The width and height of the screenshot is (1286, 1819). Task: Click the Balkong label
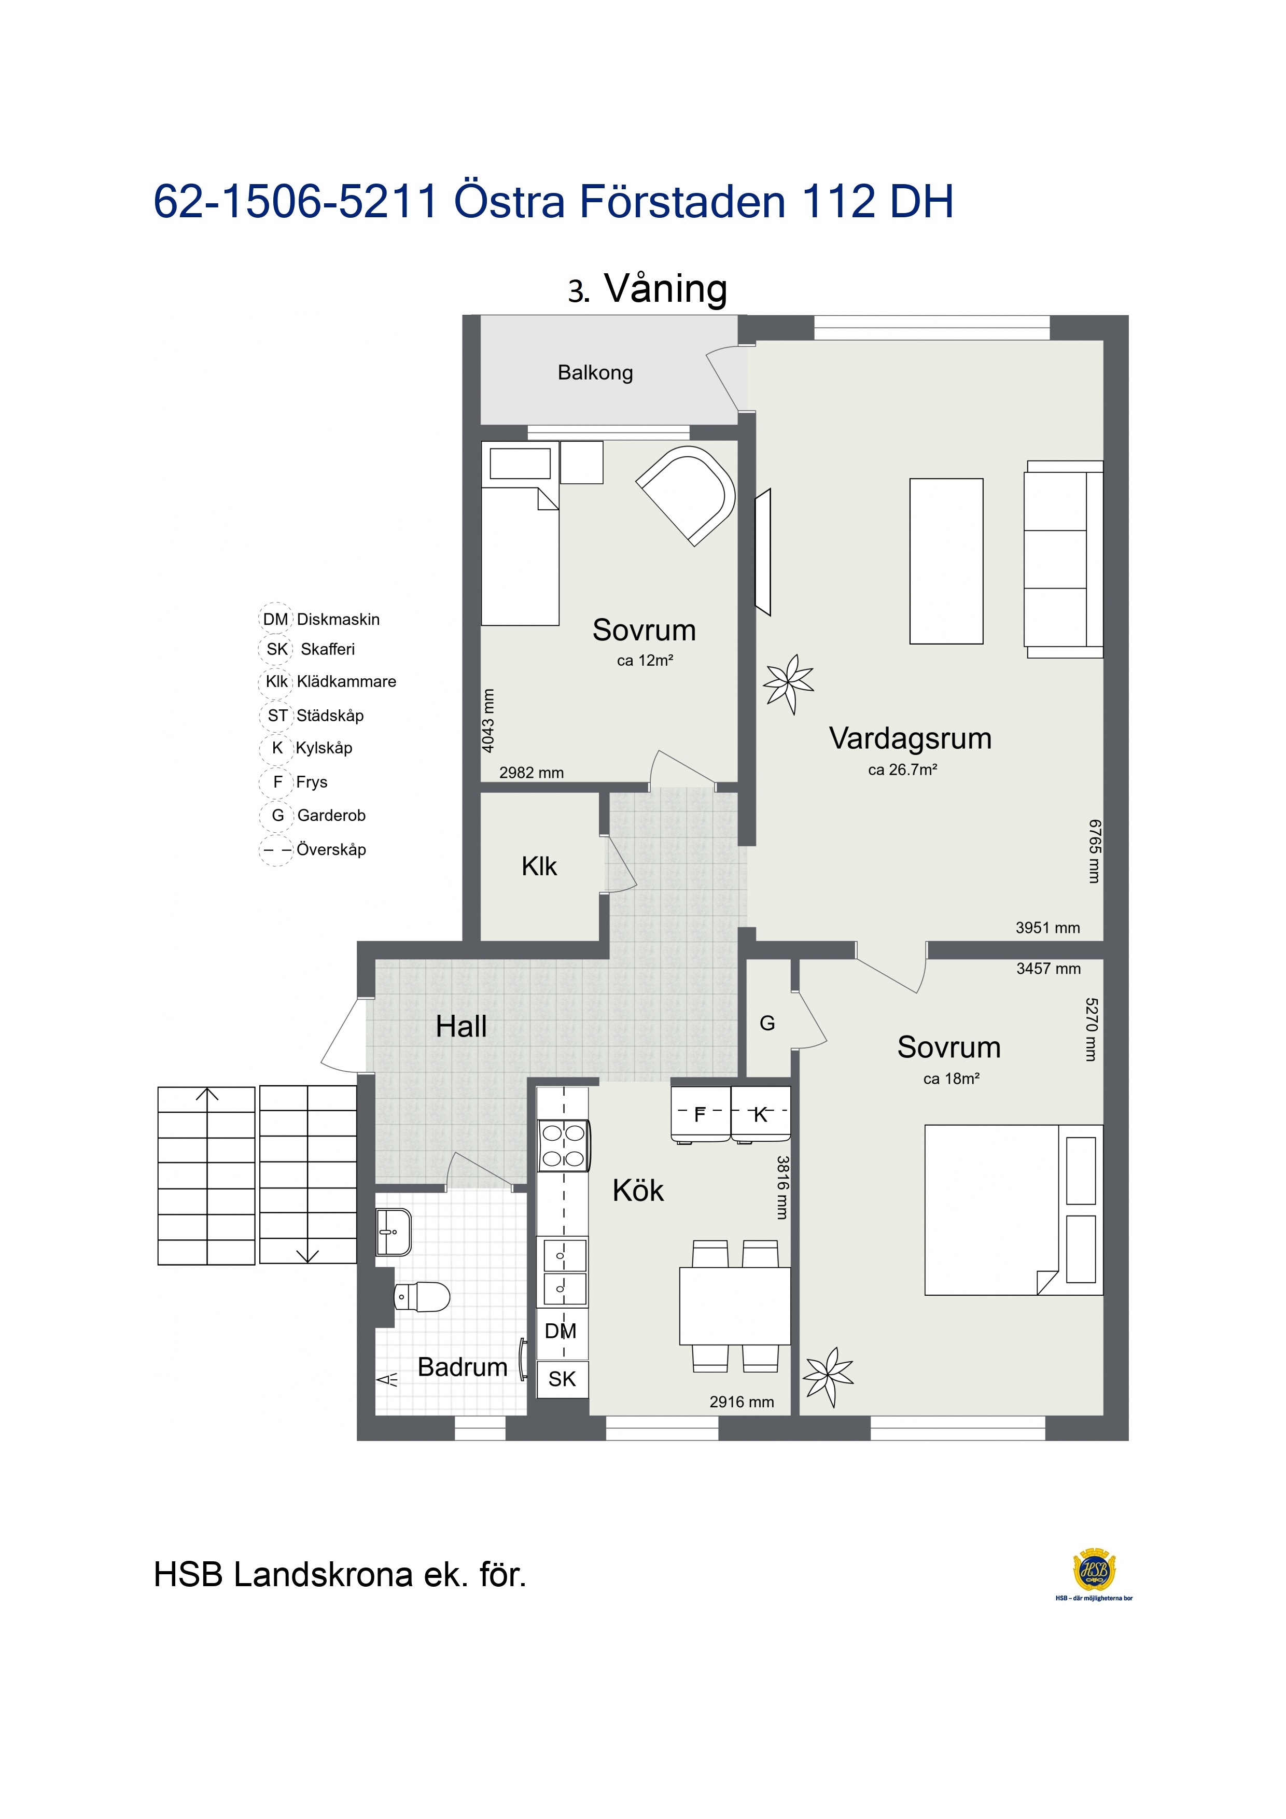tap(595, 373)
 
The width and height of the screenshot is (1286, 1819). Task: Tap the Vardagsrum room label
tap(911, 738)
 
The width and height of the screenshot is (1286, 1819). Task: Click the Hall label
tap(461, 1027)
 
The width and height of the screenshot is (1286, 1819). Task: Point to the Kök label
tap(638, 1191)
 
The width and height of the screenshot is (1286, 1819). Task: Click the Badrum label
tap(462, 1367)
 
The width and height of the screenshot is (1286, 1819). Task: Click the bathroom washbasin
tap(394, 1232)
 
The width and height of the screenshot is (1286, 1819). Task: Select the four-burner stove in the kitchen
tap(563, 1145)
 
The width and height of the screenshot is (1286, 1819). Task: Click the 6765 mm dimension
tap(1094, 851)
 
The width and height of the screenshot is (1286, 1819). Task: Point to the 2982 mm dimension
tap(532, 773)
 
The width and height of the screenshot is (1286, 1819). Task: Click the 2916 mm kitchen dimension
tap(742, 1402)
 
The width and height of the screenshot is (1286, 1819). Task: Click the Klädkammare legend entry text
tap(346, 682)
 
